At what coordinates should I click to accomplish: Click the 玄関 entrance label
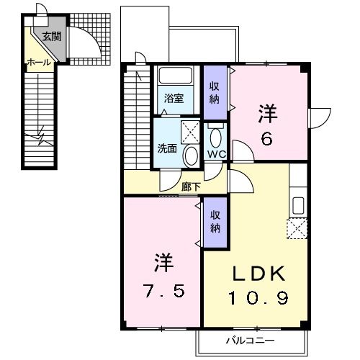(x=52, y=36)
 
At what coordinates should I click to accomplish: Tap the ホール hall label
(x=39, y=63)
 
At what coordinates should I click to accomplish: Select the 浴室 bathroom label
(x=174, y=99)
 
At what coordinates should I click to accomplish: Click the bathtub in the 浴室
(x=176, y=76)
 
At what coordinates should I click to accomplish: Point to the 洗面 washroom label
(x=167, y=148)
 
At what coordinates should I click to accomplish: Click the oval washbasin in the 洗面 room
(x=191, y=156)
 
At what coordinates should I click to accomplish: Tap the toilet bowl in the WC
(x=216, y=138)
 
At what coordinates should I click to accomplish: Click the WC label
(x=217, y=154)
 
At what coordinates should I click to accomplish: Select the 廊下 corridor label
(x=191, y=186)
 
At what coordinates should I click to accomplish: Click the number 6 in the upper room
(x=267, y=139)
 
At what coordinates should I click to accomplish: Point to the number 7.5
(x=165, y=291)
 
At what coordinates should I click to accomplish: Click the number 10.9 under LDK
(x=258, y=297)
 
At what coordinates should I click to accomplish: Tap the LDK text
(x=258, y=274)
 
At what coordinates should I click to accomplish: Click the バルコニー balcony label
(x=251, y=341)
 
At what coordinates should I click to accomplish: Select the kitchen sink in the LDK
(x=299, y=205)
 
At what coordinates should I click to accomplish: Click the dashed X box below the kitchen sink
(x=297, y=228)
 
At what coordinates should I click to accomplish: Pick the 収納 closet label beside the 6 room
(x=215, y=93)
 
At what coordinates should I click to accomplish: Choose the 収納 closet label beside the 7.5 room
(x=215, y=221)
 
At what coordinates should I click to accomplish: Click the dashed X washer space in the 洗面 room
(x=190, y=132)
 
